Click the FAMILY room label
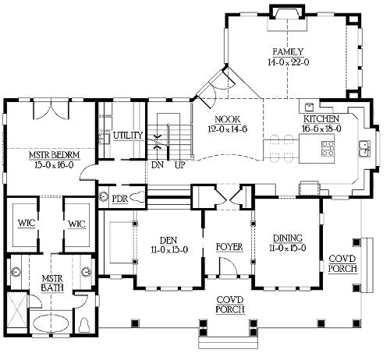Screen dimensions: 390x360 tap(288, 52)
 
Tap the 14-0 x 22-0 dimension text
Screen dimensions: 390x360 tap(288, 62)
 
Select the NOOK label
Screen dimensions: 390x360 tap(228, 119)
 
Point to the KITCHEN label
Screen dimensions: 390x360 tap(321, 119)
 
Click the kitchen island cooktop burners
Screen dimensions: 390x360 tap(328, 148)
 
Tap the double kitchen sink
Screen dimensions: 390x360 tap(365, 149)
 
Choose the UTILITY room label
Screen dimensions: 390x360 tap(128, 136)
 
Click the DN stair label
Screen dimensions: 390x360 tap(158, 164)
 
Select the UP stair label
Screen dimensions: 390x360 tap(180, 164)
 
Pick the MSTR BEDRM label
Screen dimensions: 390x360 tap(55, 155)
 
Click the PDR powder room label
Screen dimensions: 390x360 tap(120, 199)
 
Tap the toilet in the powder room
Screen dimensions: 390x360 tap(137, 196)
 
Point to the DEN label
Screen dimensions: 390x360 tap(168, 240)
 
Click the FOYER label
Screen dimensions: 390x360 tap(229, 247)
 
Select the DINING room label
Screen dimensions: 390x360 tap(288, 238)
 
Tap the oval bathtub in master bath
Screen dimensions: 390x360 tap(51, 323)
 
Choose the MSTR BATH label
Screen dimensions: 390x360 tap(52, 284)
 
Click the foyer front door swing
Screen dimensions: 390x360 tap(228, 266)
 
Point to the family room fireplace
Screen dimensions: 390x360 tap(288, 13)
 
